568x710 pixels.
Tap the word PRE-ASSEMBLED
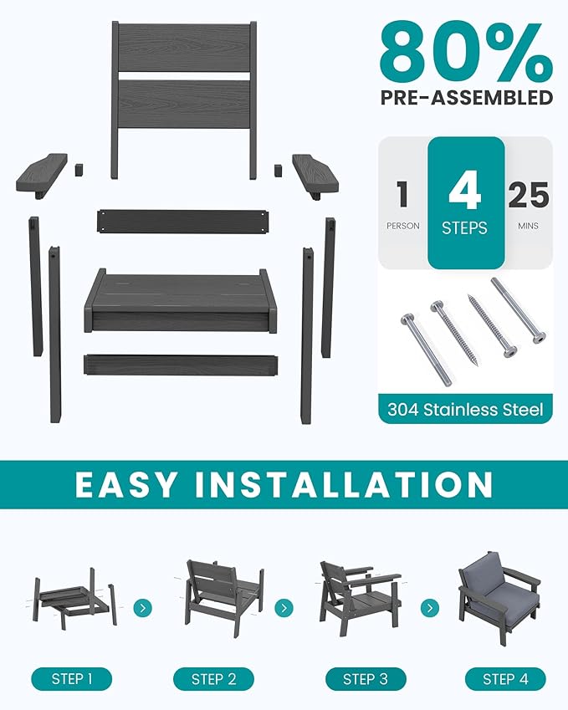pos(466,97)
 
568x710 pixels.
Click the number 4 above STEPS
pos(465,192)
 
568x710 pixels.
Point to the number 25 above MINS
pos(528,196)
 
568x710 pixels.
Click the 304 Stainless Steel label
pos(465,410)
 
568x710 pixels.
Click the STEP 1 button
pos(72,678)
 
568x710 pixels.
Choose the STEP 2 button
pos(213,678)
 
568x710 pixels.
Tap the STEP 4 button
pos(504,678)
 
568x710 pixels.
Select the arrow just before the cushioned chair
pos(430,607)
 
